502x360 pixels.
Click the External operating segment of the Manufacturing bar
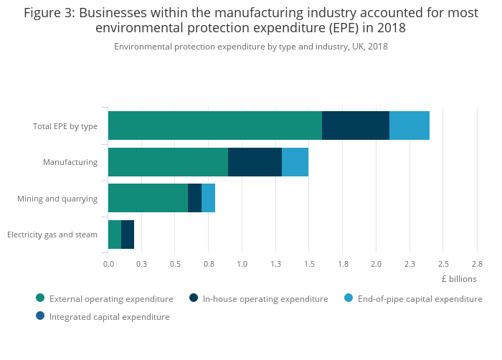coord(168,162)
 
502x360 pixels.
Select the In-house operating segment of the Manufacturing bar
coord(255,162)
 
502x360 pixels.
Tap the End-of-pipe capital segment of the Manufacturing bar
coord(295,162)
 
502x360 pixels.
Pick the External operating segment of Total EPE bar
coord(215,125)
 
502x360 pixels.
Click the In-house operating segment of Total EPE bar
coord(356,125)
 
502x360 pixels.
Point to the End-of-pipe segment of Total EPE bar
coord(409,125)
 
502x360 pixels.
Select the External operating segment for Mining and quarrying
coord(148,198)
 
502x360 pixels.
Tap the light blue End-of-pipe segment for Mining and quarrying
coord(208,198)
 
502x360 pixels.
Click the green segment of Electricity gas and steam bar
coord(115,235)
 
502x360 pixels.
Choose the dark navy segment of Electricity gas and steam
coord(128,235)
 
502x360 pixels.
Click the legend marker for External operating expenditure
coord(40,298)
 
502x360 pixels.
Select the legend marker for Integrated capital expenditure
coord(40,316)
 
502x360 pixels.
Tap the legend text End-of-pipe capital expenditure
coord(420,298)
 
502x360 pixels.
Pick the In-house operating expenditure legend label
coord(265,298)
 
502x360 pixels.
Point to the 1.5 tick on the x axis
coord(309,264)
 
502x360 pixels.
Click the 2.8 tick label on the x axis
coord(476,264)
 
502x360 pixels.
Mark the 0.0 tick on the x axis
coord(108,264)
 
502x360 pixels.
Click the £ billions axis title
coord(459,279)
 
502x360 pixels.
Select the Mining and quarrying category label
coord(57,198)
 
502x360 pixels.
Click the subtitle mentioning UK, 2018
coord(250,47)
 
